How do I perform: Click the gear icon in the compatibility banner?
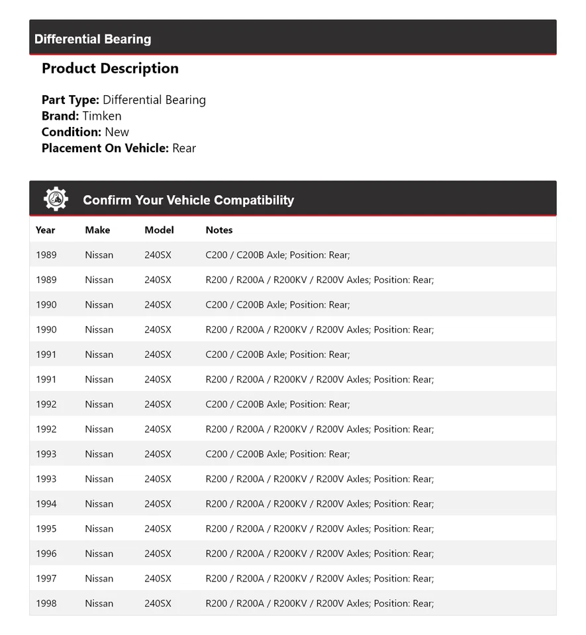[x=56, y=199]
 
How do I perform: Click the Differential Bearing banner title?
[x=93, y=39]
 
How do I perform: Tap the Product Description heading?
[x=110, y=68]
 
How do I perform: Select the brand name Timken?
[x=102, y=116]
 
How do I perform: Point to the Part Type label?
[x=70, y=100]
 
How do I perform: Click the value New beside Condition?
[x=117, y=132]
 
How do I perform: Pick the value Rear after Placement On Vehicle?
[x=184, y=148]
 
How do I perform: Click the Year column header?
[x=46, y=230]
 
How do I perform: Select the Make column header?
[x=97, y=230]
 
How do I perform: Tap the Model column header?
[x=159, y=230]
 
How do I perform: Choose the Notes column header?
[x=219, y=230]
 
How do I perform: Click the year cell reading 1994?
[x=46, y=504]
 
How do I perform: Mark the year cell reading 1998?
[x=46, y=603]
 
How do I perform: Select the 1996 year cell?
[x=46, y=554]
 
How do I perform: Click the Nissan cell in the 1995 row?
[x=99, y=529]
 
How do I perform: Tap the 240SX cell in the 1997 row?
[x=158, y=579]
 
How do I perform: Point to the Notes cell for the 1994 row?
[x=320, y=504]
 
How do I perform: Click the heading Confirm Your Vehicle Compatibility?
[x=188, y=200]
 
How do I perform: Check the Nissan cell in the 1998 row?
[x=99, y=603]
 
